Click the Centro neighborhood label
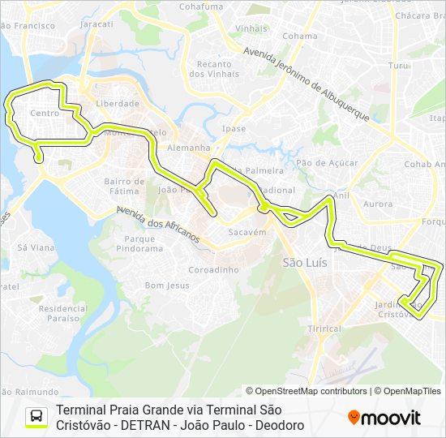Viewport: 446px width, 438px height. [45, 114]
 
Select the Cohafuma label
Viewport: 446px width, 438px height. [200, 6]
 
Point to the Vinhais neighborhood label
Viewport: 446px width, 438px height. [251, 28]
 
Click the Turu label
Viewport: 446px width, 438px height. [397, 65]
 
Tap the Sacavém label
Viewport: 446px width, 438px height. [247, 232]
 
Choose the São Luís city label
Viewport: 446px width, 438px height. [304, 263]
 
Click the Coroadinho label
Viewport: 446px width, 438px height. [213, 269]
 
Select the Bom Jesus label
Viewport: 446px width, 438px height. [167, 286]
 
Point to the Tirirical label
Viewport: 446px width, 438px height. [325, 328]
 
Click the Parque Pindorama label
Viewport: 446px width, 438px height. [139, 243]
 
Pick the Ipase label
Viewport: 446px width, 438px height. [234, 129]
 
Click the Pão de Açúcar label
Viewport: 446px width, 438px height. [327, 163]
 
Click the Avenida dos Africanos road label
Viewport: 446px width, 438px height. [157, 225]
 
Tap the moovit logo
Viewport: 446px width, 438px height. [384, 418]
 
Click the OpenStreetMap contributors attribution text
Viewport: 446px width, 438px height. [311, 391]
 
